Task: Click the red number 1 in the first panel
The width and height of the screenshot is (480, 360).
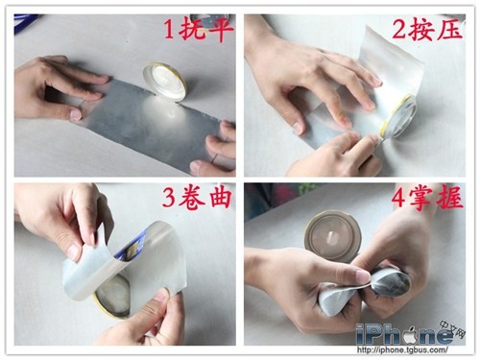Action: (x=169, y=30)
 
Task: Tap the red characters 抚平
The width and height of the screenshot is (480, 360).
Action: (x=205, y=30)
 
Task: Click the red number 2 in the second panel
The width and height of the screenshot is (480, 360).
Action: (x=399, y=31)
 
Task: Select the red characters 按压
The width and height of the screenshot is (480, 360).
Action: (x=437, y=30)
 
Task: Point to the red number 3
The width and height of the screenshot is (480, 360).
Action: (x=169, y=197)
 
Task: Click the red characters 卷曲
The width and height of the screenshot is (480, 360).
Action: (x=204, y=197)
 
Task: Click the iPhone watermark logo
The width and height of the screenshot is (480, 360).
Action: (x=406, y=335)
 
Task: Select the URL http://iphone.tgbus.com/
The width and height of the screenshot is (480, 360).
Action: (x=402, y=350)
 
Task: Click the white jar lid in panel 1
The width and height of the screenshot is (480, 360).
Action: (x=164, y=81)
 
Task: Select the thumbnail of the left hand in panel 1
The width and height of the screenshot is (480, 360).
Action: (x=76, y=114)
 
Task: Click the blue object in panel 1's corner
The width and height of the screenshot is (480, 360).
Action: (x=26, y=21)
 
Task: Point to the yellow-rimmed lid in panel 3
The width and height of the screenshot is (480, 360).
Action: (x=111, y=297)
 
